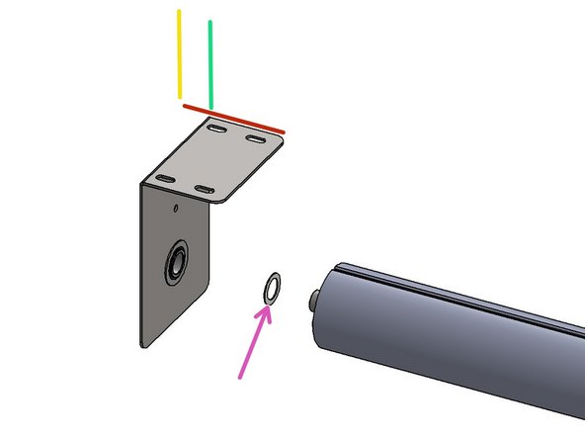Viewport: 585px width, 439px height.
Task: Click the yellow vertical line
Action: [179, 54]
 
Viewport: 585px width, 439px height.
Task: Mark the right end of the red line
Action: [284, 131]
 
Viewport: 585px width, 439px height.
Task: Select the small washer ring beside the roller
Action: [271, 288]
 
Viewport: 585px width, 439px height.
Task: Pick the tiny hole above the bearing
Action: [175, 208]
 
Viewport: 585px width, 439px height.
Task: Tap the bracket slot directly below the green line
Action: [217, 128]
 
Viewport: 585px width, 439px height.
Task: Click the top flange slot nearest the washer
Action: [206, 188]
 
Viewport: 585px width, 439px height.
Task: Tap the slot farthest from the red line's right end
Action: [165, 178]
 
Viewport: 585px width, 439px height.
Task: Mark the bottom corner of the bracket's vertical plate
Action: [144, 345]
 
